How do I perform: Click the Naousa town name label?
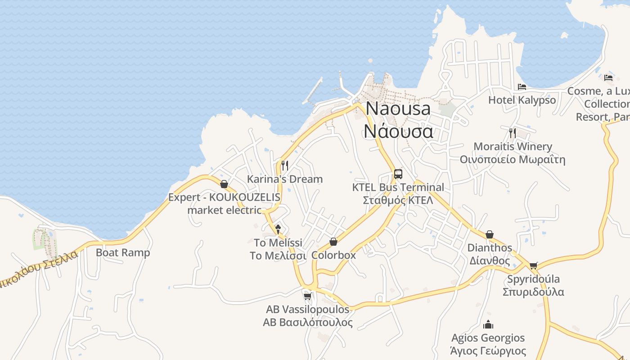click(x=398, y=120)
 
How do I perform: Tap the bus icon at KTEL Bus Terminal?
click(x=398, y=174)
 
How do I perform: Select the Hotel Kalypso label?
click(x=522, y=100)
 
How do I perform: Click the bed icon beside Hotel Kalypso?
click(x=522, y=86)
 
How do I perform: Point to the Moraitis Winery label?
click(x=513, y=153)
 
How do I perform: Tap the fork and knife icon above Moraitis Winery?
click(x=512, y=133)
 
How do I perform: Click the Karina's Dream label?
click(x=285, y=179)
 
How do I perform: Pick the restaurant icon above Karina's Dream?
click(x=284, y=165)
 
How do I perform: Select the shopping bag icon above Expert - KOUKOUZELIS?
click(x=224, y=184)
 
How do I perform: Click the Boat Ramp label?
click(x=123, y=252)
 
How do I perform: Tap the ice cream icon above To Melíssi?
click(x=278, y=229)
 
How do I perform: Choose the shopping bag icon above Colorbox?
click(x=333, y=242)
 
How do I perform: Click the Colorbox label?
click(x=333, y=255)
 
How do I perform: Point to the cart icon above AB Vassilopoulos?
click(x=308, y=296)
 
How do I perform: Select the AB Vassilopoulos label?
click(x=308, y=316)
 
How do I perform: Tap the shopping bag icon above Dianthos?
click(x=490, y=234)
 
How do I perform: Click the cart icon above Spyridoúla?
click(x=533, y=265)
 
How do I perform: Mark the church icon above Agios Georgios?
click(x=488, y=324)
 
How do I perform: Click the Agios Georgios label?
click(x=488, y=344)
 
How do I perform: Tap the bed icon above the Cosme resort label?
click(x=608, y=77)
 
